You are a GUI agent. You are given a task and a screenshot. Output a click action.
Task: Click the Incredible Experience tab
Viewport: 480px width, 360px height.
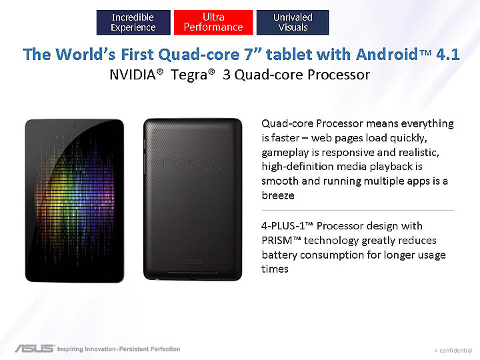133,22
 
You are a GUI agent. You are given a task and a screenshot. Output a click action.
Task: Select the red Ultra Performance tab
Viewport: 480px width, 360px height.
213,22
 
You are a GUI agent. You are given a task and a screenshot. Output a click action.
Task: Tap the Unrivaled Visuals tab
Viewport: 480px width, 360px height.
293,22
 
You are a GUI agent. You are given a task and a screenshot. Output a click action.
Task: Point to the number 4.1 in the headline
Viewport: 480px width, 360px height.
447,55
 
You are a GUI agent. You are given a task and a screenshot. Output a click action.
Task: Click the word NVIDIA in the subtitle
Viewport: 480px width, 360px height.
137,75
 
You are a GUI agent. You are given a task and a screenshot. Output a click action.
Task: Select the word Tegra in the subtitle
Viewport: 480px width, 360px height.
191,75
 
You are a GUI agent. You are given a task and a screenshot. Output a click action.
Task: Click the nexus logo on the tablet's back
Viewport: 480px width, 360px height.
189,164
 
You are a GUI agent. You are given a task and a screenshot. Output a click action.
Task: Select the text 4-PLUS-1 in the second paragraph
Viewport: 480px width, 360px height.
285,226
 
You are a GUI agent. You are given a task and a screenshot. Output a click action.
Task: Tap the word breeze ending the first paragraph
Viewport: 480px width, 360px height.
278,196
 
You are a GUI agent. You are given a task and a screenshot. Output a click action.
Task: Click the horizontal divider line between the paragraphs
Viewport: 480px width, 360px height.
357,210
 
